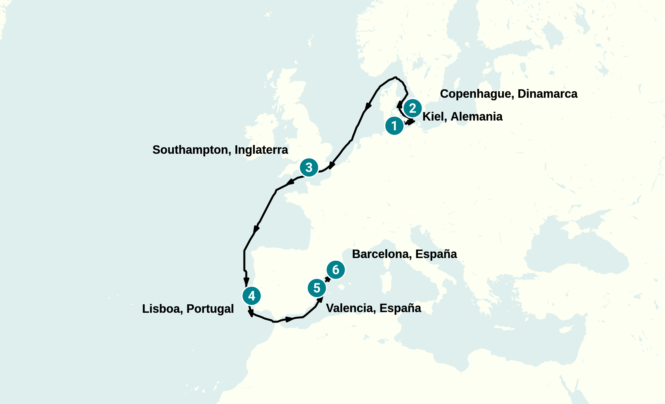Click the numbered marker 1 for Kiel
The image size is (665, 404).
pyautogui.click(x=394, y=126)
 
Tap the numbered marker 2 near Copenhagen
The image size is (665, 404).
pyautogui.click(x=413, y=108)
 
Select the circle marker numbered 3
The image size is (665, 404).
pyautogui.click(x=309, y=168)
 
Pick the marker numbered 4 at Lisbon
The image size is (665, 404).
pyautogui.click(x=251, y=296)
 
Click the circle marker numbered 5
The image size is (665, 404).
pyautogui.click(x=317, y=288)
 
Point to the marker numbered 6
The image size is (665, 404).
pyautogui.click(x=336, y=270)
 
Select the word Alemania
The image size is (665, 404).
pyautogui.click(x=476, y=117)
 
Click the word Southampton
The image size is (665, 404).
pyautogui.click(x=191, y=150)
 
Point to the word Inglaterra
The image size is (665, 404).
pyautogui.click(x=261, y=150)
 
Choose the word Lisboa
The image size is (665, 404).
pyautogui.click(x=162, y=309)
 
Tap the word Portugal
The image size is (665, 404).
pyautogui.click(x=210, y=309)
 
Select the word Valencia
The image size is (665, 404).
pyautogui.click(x=350, y=308)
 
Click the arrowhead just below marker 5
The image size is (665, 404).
pyautogui.click(x=320, y=299)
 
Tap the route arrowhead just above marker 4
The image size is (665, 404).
pyautogui.click(x=246, y=281)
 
